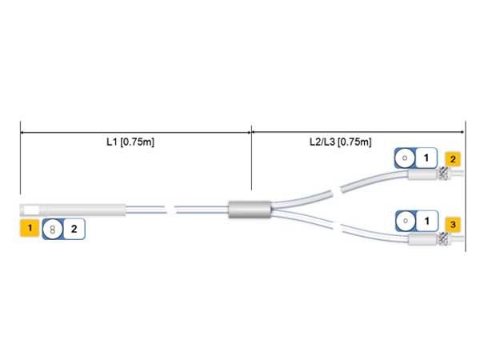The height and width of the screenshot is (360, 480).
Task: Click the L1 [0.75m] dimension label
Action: click(130, 142)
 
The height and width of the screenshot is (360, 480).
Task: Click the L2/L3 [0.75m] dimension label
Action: click(341, 142)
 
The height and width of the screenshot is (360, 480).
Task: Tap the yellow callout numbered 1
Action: click(30, 228)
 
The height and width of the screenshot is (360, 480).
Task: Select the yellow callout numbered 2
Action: click(453, 159)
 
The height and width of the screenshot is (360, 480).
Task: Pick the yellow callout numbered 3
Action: click(453, 224)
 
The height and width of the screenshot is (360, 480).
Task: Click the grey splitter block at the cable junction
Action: click(250, 210)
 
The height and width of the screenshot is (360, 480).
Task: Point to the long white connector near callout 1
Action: click(73, 210)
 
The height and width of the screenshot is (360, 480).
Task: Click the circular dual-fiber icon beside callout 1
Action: click(53, 230)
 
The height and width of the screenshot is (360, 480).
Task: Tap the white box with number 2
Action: click(74, 229)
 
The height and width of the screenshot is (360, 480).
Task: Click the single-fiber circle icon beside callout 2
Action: click(405, 158)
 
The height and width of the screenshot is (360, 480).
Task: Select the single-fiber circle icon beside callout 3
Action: click(406, 221)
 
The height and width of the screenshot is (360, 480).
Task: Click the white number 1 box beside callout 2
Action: click(426, 158)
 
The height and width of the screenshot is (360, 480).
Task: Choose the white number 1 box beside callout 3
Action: click(427, 221)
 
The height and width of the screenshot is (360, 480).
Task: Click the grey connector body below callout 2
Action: click(422, 175)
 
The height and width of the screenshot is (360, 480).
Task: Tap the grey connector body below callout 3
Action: click(423, 239)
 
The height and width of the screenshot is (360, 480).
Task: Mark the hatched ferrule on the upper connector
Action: click(442, 174)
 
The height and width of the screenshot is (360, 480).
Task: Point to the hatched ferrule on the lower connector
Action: click(443, 238)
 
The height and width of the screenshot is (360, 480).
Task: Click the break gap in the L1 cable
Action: click(171, 210)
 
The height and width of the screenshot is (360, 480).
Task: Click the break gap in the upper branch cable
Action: click(336, 192)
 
